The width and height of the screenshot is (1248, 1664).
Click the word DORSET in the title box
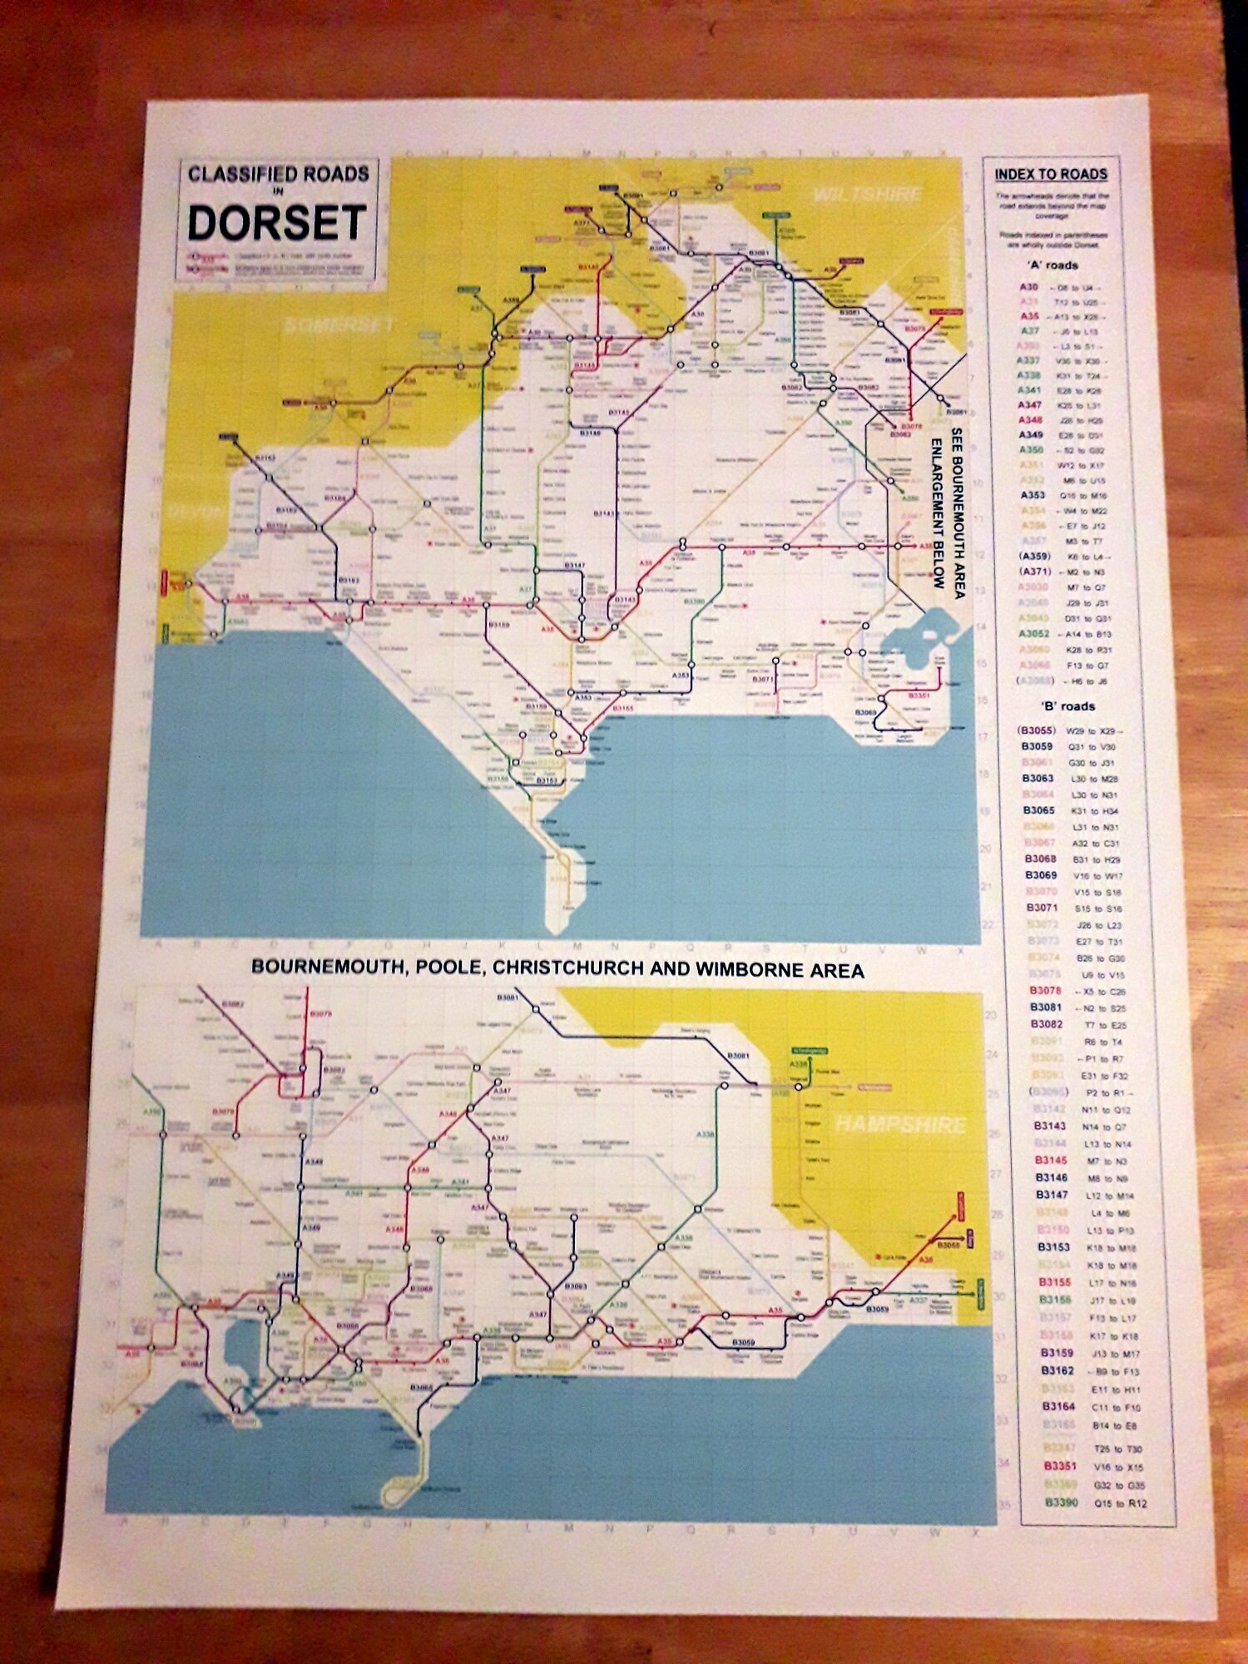[x=276, y=222]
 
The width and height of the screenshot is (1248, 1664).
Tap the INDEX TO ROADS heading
[x=1051, y=174]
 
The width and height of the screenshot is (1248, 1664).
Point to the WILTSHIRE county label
[x=868, y=194]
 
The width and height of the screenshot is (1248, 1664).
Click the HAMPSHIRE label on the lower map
[x=900, y=1125]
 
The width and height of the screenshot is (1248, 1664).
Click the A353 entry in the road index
[x=1033, y=495]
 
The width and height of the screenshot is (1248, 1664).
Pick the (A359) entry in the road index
[x=1035, y=556]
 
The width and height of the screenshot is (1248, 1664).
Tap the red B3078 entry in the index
[x=1045, y=990]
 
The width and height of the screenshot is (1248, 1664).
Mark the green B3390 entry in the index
[x=1061, y=1503]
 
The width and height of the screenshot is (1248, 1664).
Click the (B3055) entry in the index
[x=1036, y=730]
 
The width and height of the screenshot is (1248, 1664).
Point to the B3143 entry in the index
[x=1049, y=1126]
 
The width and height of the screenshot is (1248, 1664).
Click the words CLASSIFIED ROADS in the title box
[x=278, y=174]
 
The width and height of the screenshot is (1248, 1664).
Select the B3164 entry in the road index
[x=1059, y=1407]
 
